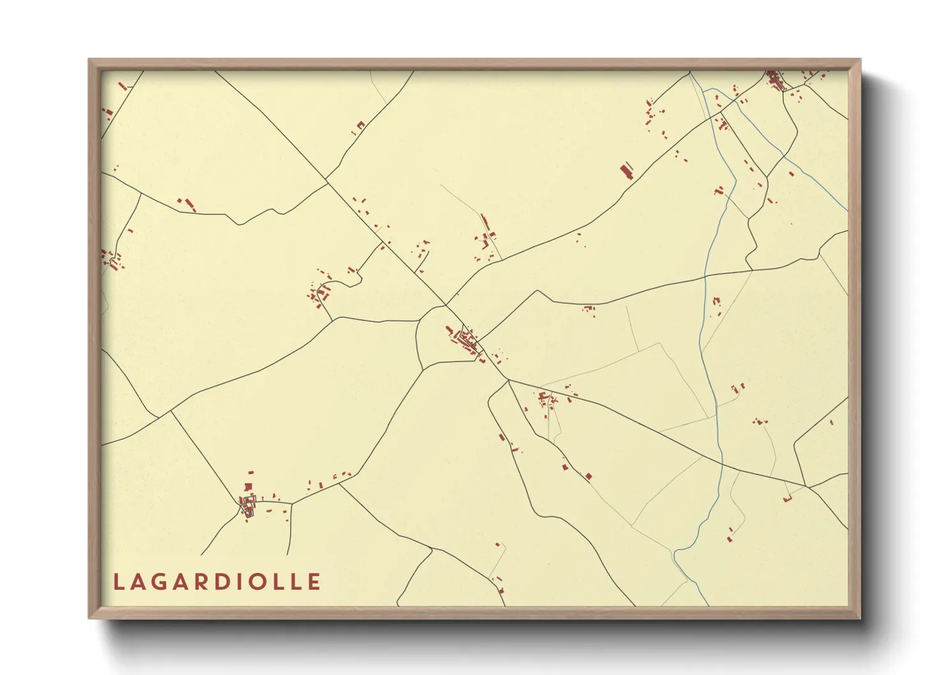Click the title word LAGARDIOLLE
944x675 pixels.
click(217, 582)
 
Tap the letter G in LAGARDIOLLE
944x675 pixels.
click(163, 582)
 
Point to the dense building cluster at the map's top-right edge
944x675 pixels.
click(774, 81)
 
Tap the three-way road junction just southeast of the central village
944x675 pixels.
click(508, 380)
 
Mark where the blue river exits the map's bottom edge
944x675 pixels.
click(708, 604)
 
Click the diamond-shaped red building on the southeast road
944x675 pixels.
click(588, 476)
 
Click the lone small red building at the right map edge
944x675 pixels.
click(832, 422)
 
